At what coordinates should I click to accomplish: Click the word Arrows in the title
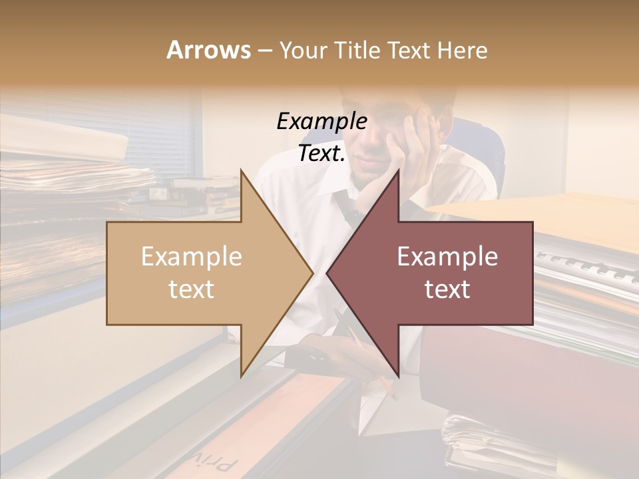(208, 50)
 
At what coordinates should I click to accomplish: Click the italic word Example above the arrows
(321, 122)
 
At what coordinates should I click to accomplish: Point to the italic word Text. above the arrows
(321, 154)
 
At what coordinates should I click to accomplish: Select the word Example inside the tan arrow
(192, 257)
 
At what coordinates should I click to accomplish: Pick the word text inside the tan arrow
(192, 289)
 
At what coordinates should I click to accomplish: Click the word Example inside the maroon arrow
(447, 257)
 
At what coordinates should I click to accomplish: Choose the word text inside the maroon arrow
(447, 289)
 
